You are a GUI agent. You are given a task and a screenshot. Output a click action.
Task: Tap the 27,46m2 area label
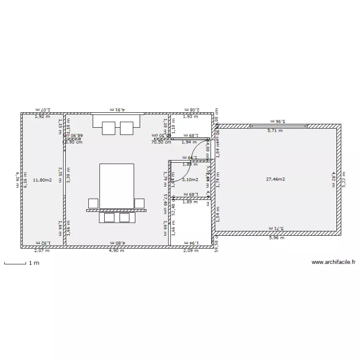click(x=276, y=180)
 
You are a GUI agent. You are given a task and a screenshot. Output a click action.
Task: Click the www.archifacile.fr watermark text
click(x=334, y=262)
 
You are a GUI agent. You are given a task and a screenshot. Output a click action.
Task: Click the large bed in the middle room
click(x=117, y=186)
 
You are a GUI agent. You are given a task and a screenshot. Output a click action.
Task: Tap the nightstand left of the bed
click(x=93, y=203)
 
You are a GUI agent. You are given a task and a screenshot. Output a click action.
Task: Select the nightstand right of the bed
click(x=139, y=203)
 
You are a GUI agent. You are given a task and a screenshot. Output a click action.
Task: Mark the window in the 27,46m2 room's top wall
click(x=278, y=126)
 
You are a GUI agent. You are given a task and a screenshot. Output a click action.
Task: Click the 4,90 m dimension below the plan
click(x=116, y=251)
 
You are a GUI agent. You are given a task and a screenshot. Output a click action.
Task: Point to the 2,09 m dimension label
click(x=191, y=251)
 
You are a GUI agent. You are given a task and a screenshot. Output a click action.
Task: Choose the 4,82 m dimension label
click(x=334, y=180)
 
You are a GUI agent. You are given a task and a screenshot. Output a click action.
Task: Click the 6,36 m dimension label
click(x=17, y=180)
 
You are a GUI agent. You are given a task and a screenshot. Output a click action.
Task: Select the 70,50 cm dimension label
click(x=161, y=142)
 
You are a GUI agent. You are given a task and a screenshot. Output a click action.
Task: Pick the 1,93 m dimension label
click(x=191, y=117)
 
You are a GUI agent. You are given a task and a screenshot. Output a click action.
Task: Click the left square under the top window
click(x=108, y=128)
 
